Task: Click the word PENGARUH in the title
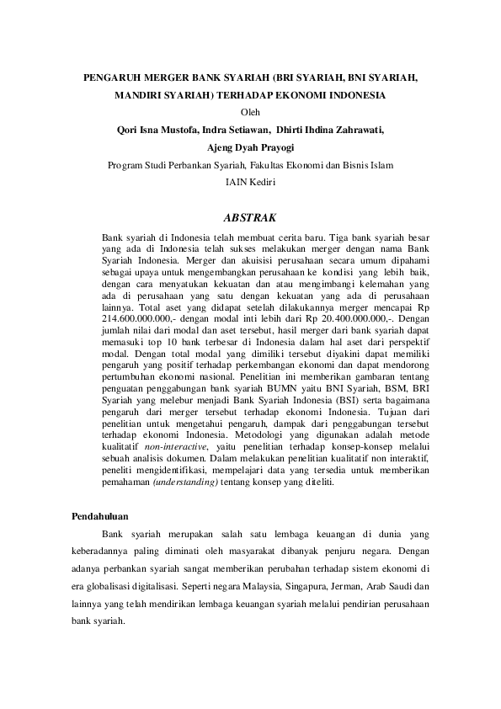(x=112, y=77)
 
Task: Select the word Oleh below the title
(x=251, y=112)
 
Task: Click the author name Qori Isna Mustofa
(x=157, y=130)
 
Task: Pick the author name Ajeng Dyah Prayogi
(x=251, y=147)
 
